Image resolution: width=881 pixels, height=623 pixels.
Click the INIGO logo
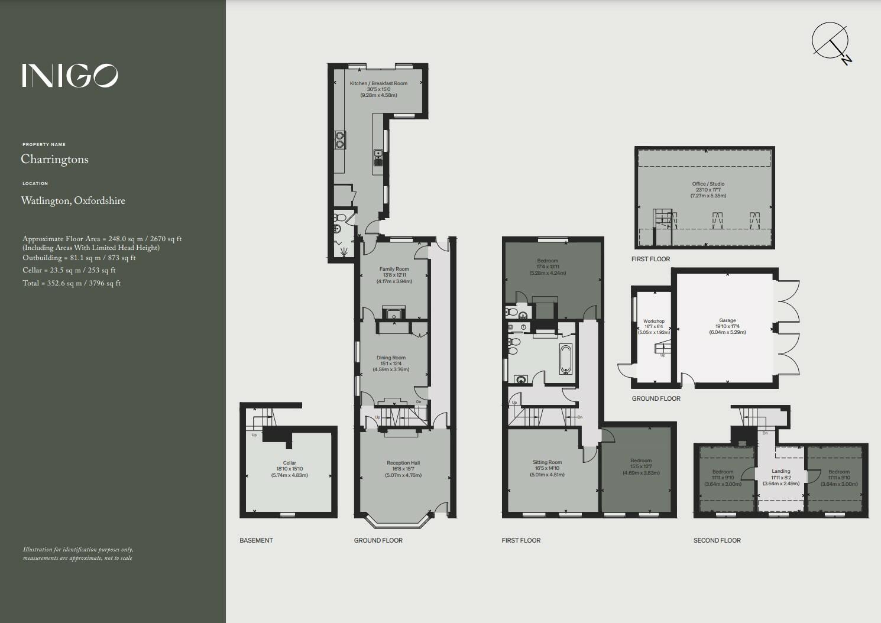(70, 76)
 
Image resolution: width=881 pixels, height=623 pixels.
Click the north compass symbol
(831, 41)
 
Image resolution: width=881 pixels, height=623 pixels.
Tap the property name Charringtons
(54, 160)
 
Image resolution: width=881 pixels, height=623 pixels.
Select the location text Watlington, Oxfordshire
(73, 201)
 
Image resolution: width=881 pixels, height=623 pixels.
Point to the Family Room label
(394, 269)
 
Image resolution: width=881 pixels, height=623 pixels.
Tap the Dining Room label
(391, 358)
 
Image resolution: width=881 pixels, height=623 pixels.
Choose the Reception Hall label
(403, 463)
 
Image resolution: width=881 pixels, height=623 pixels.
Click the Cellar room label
(289, 463)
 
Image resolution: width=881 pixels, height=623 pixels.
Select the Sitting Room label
(547, 462)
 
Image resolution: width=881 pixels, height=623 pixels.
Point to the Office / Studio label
(708, 184)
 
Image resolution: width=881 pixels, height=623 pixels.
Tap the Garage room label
(727, 321)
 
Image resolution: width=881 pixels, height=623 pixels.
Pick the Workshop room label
(653, 322)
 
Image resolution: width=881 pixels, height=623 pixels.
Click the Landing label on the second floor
(781, 472)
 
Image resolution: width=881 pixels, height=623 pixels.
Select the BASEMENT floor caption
(256, 540)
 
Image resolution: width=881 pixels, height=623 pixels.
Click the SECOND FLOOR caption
(717, 540)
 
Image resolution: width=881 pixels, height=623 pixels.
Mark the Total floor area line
(72, 283)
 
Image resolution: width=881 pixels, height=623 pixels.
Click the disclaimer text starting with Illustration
(78, 553)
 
